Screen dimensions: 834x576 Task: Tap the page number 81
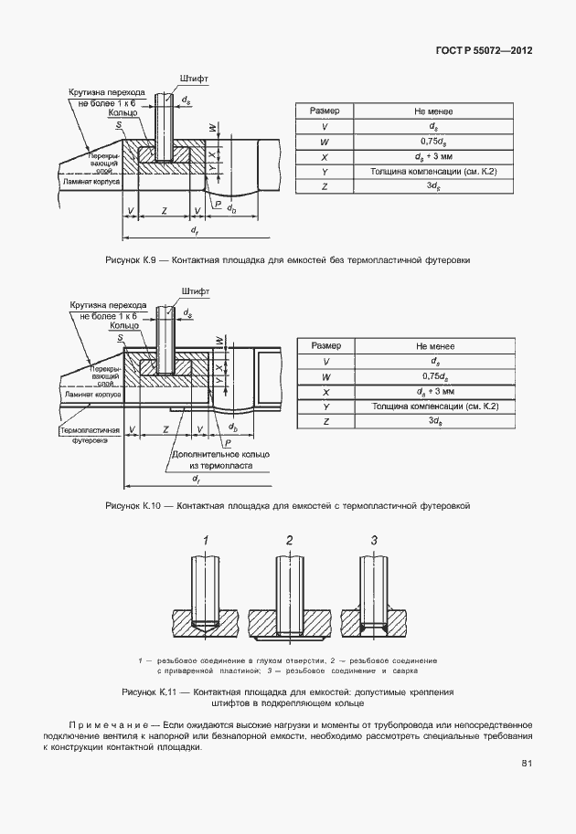click(x=527, y=764)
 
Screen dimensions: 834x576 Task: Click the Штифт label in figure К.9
click(x=194, y=79)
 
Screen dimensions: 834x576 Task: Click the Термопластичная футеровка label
click(x=90, y=434)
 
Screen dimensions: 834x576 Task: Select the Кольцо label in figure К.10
click(x=123, y=325)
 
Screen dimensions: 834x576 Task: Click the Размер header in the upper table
click(x=325, y=111)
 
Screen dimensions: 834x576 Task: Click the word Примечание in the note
click(x=107, y=723)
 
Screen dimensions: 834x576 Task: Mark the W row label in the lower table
click(x=325, y=376)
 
